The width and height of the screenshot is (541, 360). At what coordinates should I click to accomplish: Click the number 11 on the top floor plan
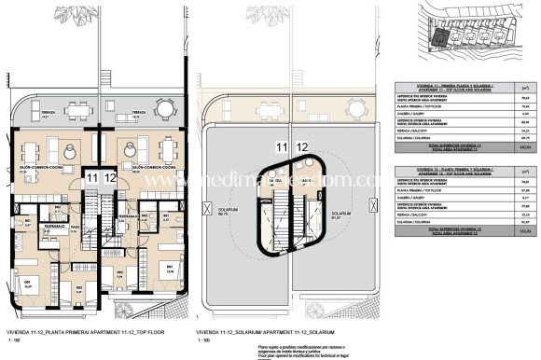tap(91, 176)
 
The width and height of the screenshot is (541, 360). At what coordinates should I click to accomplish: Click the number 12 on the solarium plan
tap(302, 146)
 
